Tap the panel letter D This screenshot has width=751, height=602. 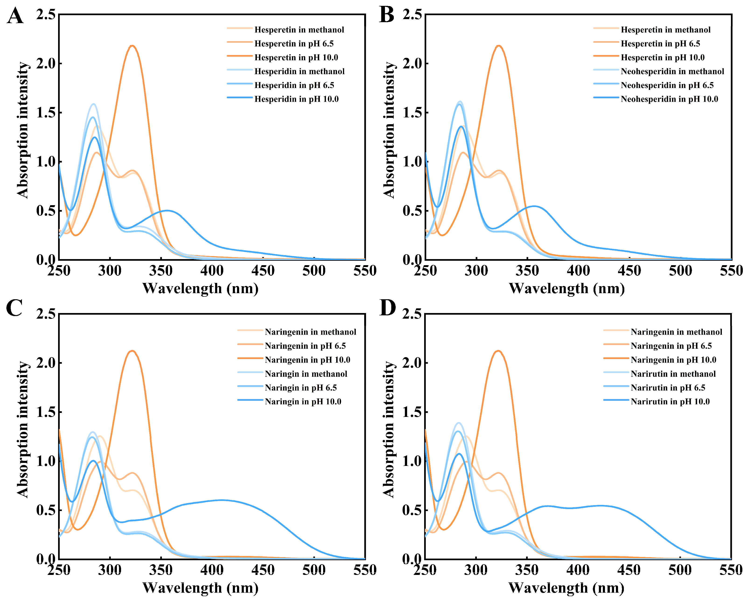[x=387, y=308]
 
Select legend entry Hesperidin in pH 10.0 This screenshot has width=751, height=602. [x=296, y=99]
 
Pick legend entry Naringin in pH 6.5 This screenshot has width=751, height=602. [x=300, y=388]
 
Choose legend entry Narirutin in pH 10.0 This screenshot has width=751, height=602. [x=670, y=401]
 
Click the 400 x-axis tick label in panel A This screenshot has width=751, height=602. [x=212, y=271]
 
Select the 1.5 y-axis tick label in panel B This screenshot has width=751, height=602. [x=412, y=113]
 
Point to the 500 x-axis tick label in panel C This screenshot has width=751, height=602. [x=314, y=570]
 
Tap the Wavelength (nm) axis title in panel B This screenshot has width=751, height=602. [x=567, y=288]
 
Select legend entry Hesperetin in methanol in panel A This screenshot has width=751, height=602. [x=299, y=30]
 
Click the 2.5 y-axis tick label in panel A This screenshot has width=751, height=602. [x=46, y=15]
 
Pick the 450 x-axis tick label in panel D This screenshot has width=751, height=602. [x=629, y=570]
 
